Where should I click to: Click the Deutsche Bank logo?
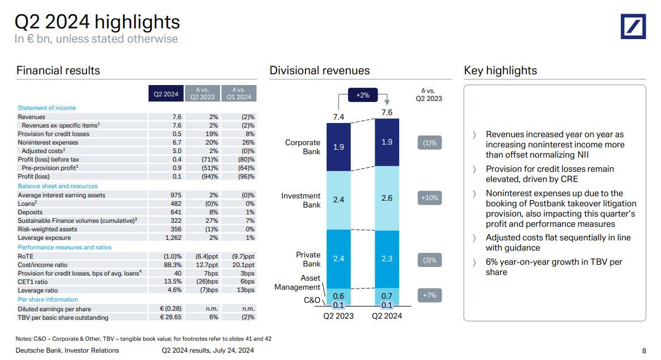coord(633,26)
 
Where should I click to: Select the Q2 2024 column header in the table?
coord(166,94)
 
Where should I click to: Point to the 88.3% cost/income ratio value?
coord(173,264)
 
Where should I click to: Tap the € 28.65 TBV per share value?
coord(171,317)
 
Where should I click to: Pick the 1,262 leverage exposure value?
coord(173,238)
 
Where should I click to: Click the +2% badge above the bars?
coord(363,95)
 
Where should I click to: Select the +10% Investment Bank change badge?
coord(430,198)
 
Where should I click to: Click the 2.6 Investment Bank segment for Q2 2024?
coord(387,198)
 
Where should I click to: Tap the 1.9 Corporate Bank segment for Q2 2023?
coord(338,147)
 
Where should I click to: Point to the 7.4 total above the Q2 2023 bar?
coord(338,117)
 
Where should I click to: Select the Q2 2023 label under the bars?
coord(338,316)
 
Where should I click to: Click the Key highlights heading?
coord(500,70)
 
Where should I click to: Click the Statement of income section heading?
coord(46,108)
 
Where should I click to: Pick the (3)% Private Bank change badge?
coord(430,260)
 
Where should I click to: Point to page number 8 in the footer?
coord(644,350)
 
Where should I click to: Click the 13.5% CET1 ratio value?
coord(173,282)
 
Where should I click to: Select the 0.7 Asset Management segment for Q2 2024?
coord(387,295)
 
